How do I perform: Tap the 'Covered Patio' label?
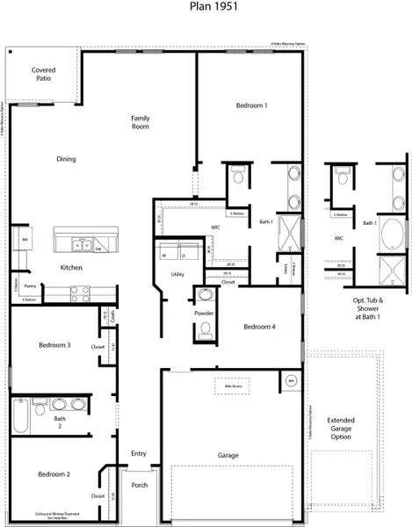coord(42,74)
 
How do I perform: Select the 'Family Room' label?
coord(141,122)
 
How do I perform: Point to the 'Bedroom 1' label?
coord(252,105)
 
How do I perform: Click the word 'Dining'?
coord(66,159)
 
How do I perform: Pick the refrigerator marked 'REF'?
coord(25,239)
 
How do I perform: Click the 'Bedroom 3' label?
coord(54,345)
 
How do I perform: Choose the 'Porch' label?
coord(139,485)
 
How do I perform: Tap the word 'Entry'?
coord(139,454)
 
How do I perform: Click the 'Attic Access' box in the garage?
coord(231,386)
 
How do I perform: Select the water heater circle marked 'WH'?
coord(291,381)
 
